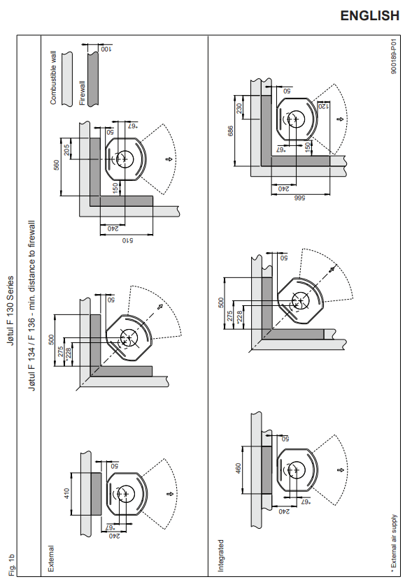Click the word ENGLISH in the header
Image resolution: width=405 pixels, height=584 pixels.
(x=369, y=15)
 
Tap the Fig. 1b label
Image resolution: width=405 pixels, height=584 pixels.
(x=13, y=564)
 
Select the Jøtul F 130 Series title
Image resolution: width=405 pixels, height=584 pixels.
(x=10, y=311)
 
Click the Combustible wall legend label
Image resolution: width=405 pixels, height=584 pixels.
(x=53, y=78)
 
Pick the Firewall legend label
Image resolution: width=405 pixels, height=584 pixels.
(x=83, y=93)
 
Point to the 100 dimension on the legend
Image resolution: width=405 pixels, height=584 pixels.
(x=106, y=49)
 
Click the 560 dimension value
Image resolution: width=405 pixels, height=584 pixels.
(x=57, y=165)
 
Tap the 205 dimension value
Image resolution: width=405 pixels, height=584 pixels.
(x=67, y=149)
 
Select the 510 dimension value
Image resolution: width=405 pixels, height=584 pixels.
(x=127, y=240)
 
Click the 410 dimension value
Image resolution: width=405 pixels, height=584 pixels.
(x=67, y=494)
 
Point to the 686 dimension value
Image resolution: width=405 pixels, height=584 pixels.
(x=231, y=131)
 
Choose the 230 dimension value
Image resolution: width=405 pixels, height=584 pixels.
(x=239, y=108)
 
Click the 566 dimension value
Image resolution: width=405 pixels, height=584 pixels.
(x=300, y=198)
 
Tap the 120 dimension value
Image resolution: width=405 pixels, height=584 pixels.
(x=324, y=106)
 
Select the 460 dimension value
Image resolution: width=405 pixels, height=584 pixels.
(x=239, y=469)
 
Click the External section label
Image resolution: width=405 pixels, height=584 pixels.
(x=51, y=559)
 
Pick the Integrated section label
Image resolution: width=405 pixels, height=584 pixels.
(x=221, y=555)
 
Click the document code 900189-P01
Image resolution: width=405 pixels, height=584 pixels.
(x=394, y=58)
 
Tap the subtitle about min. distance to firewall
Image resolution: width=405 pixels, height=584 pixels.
(x=32, y=305)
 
